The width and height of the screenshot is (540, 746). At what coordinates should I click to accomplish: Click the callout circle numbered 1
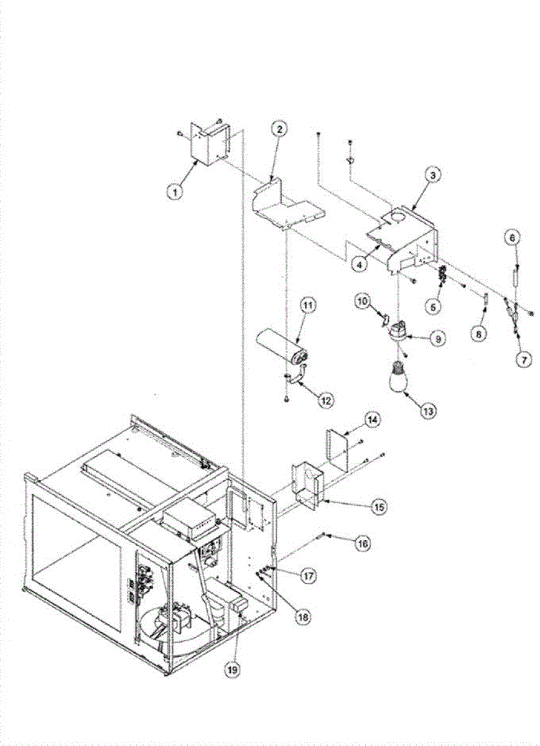click(176, 191)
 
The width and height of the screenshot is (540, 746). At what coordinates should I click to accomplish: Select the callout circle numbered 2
click(279, 129)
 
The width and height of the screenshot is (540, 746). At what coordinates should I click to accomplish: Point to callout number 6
click(513, 237)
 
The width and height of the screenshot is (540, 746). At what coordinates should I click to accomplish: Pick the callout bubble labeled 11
click(308, 305)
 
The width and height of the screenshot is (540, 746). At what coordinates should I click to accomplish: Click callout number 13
click(430, 410)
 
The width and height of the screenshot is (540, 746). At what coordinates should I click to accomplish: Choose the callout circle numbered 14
click(372, 420)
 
